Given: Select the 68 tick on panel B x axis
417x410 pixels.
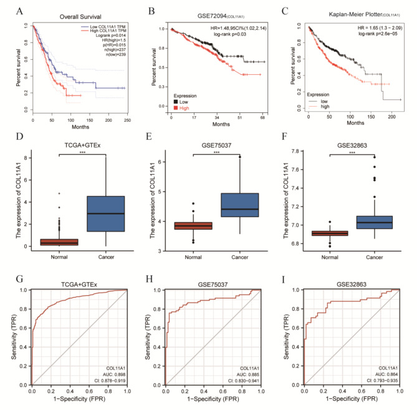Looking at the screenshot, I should (x=262, y=117).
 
